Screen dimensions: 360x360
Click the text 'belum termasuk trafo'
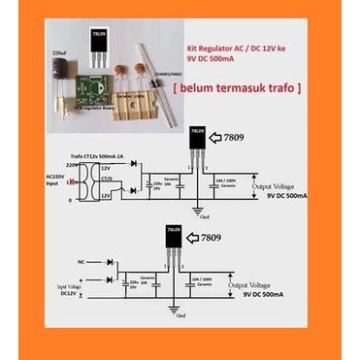point(238,88)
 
